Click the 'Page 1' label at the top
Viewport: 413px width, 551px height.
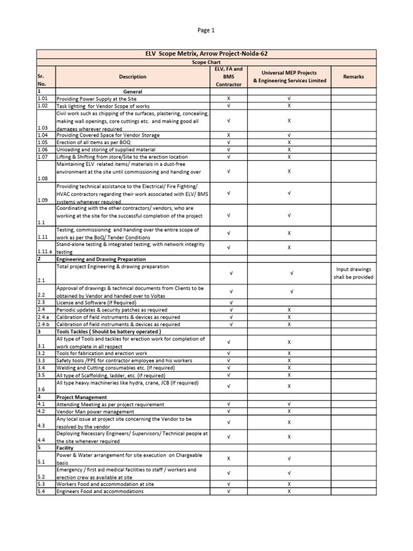pos(206,31)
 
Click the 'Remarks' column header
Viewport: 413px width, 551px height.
pos(353,77)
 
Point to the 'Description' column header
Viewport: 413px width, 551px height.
pos(133,77)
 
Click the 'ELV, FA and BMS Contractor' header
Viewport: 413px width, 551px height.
pos(229,77)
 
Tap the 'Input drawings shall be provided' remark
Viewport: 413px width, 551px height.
pos(353,273)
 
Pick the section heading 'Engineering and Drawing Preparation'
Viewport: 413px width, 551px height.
pos(102,259)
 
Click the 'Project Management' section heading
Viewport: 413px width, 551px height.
pos(80,397)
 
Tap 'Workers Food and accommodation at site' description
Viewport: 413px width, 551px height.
pos(105,484)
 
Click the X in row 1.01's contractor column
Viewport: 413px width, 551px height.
pos(229,99)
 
